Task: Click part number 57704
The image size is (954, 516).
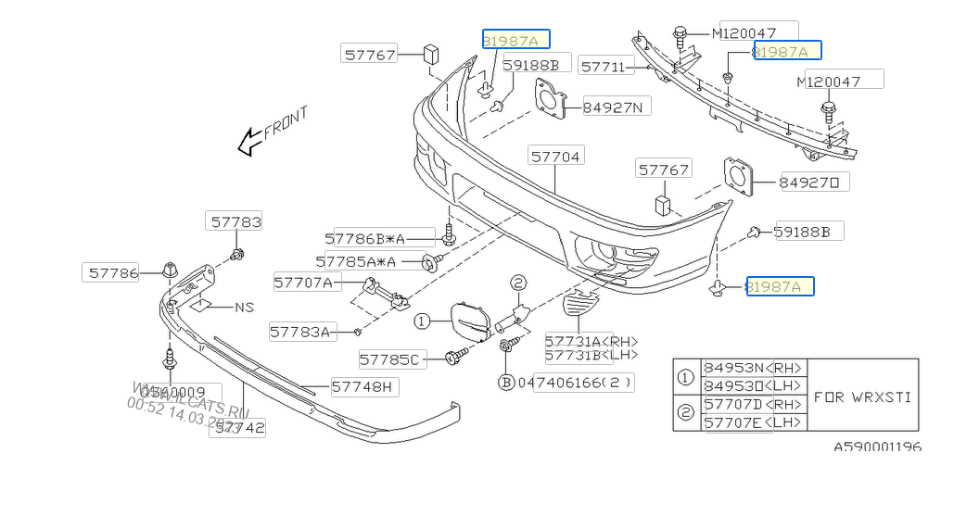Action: pos(556,157)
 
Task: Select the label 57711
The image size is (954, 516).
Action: pos(605,66)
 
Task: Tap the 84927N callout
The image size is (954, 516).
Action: pos(617,107)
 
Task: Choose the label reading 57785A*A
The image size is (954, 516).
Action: pos(356,262)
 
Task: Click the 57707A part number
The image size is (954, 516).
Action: pos(303,282)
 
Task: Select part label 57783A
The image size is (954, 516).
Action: pos(300,331)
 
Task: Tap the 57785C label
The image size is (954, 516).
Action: pos(389,359)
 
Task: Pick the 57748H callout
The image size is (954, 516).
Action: pos(362,386)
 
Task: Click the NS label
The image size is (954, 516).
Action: pos(244,308)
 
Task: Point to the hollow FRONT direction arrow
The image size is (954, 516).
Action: pos(248,141)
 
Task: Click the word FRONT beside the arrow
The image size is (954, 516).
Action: pos(286,121)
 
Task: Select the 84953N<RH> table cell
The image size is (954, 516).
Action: pos(754,368)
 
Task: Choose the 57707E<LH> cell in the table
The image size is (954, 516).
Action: pos(754,422)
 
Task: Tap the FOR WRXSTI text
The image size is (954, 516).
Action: pos(862,396)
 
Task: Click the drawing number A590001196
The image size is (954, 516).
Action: pos(876,447)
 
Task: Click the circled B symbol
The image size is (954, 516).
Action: pos(506,382)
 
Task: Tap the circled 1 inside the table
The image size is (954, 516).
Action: pos(686,377)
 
